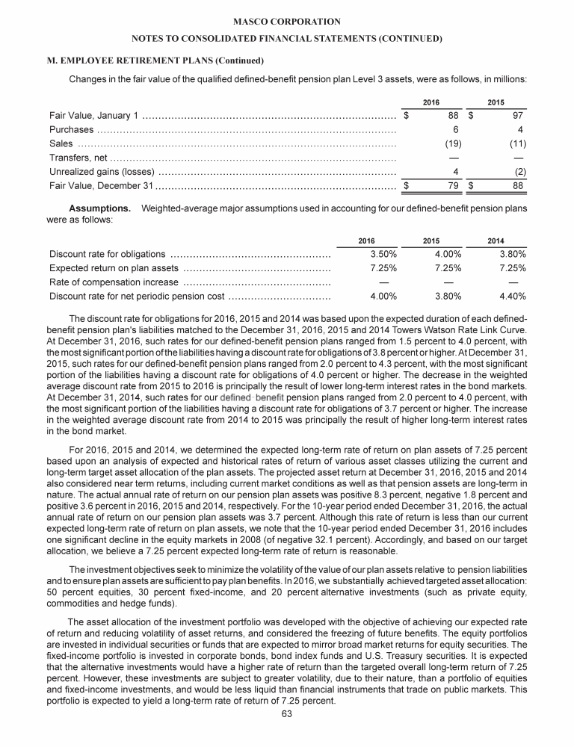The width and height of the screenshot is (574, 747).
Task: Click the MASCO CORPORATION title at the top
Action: click(x=286, y=22)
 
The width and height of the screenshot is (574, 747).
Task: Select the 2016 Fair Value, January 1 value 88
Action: click(x=453, y=116)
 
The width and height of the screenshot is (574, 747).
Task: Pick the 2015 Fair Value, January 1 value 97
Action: click(x=517, y=116)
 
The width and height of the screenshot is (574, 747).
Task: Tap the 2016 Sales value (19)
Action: click(x=451, y=143)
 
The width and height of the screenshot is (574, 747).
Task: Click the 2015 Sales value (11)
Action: click(x=516, y=143)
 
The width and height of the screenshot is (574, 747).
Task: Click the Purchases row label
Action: click(x=71, y=130)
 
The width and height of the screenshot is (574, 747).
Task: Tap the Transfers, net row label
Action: click(x=78, y=158)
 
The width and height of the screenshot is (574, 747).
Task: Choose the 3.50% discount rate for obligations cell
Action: click(x=383, y=254)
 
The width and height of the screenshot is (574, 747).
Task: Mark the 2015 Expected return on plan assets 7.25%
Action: click(x=448, y=268)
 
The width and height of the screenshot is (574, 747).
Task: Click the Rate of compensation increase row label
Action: click(x=114, y=282)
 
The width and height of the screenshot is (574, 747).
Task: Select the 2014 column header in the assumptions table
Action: click(x=496, y=240)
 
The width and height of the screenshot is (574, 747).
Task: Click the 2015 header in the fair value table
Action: click(x=496, y=102)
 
